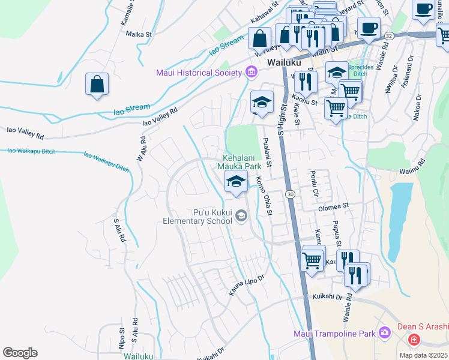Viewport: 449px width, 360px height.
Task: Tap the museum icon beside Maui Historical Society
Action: (251, 73)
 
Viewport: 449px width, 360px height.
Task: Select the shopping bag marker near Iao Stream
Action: (97, 85)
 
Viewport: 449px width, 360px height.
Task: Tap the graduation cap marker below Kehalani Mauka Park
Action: (236, 181)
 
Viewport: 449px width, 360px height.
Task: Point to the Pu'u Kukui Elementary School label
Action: (197, 217)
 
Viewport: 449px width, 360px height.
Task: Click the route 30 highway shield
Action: (291, 194)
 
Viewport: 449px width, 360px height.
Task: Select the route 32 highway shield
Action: (389, 36)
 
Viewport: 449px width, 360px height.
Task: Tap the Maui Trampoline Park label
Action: (334, 334)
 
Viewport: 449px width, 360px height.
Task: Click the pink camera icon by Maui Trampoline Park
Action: (384, 333)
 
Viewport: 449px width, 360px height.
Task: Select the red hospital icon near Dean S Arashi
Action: (414, 340)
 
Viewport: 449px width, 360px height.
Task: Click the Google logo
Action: (20, 353)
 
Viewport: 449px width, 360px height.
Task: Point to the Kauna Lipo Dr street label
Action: (246, 284)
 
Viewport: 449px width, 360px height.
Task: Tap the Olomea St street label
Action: (333, 206)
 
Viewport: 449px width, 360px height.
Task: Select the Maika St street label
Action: (136, 34)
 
